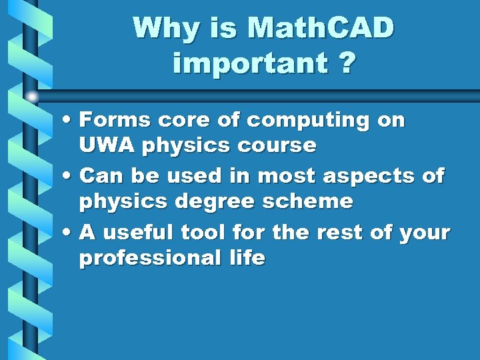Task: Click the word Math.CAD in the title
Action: point(321,29)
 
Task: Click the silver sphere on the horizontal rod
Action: point(31,96)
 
